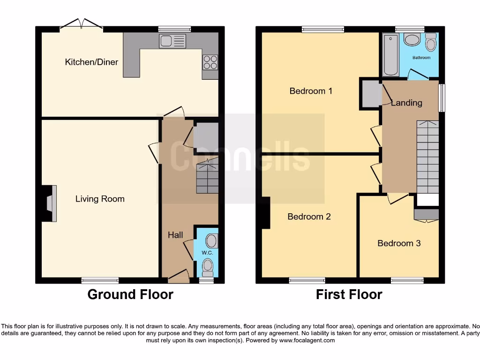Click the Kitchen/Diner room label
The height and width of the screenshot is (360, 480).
coord(91,62)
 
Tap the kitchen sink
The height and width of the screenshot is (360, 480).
coord(172,41)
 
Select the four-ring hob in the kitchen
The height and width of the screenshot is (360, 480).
coord(210,62)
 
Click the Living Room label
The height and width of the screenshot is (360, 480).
coord(100,199)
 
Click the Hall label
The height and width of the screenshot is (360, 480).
coord(175,235)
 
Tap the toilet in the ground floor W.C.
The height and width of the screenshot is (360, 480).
coord(207,268)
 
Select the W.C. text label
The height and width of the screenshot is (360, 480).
coord(207,253)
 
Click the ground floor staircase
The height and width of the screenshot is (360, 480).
coord(207,177)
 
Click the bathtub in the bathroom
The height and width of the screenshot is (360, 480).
coord(390,56)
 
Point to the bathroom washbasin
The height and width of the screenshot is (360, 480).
coord(412,40)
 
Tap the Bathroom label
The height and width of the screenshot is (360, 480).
coord(421,58)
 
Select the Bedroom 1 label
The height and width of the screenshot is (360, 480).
coord(311,91)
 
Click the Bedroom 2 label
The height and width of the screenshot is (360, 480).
coord(309,217)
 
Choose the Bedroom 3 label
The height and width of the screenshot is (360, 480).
coord(399,243)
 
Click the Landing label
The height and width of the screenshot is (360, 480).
coord(406,103)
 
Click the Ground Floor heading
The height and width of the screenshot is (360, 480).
coord(130,294)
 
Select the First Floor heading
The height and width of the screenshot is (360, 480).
coord(349,294)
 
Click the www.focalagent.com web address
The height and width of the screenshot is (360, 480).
coord(307,340)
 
